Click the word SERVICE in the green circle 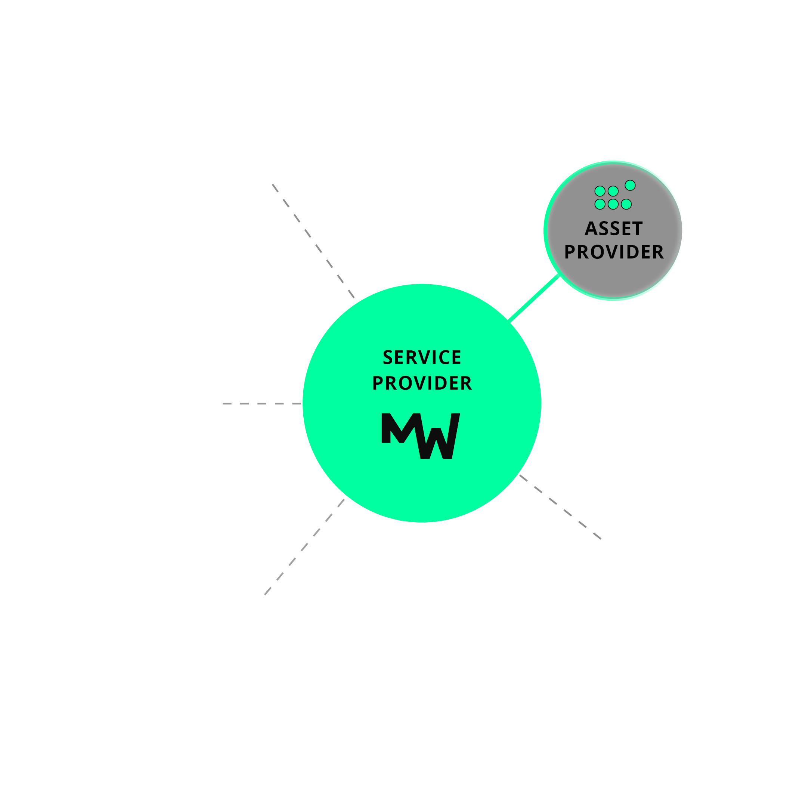[x=422, y=357]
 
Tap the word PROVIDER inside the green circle [x=422, y=383]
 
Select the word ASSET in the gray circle [x=614, y=229]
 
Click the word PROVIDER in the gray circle [x=614, y=252]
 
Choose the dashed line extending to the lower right [x=560, y=507]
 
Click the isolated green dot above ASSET [x=630, y=186]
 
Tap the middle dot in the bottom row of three [x=613, y=204]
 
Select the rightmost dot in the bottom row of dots [x=626, y=204]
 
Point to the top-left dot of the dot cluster [x=600, y=191]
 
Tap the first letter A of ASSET [x=591, y=229]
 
